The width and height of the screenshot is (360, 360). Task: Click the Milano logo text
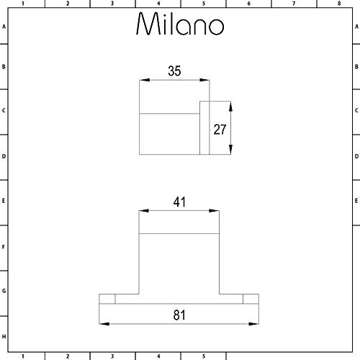(180, 24)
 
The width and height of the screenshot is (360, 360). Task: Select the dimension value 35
(174, 71)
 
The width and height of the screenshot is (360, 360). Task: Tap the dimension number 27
(220, 130)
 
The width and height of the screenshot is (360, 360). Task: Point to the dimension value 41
(179, 202)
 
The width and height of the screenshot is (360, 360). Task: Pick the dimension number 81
(179, 315)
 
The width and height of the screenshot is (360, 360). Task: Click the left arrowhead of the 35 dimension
(145, 80)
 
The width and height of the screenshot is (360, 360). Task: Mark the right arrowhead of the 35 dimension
(204, 80)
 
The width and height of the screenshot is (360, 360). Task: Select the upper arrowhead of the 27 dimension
(230, 107)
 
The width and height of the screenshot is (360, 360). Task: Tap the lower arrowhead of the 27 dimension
(230, 149)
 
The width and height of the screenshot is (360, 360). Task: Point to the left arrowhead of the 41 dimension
(144, 211)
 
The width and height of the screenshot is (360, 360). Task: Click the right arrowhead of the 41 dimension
(214, 211)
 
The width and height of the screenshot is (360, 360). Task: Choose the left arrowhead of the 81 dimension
(104, 324)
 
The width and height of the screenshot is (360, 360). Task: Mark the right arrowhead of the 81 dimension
(253, 324)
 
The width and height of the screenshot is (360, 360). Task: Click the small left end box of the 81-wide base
(107, 299)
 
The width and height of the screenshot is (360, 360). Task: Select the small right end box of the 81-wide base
(251, 299)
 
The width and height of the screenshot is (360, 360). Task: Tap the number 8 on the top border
(339, 4)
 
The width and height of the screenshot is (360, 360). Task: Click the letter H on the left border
(4, 337)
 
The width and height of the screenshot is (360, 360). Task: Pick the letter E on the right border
(356, 201)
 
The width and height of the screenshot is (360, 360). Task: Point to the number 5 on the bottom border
(204, 356)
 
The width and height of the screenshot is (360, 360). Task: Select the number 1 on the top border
(23, 4)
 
